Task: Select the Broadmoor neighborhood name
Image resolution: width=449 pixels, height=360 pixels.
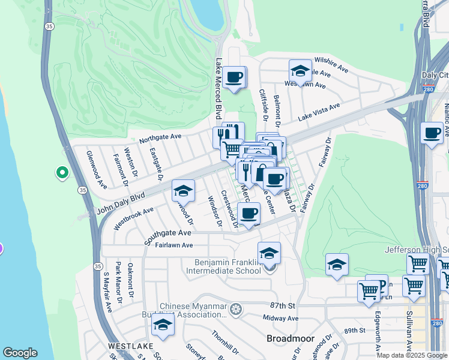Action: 291,338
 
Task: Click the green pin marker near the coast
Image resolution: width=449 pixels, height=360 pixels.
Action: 62,173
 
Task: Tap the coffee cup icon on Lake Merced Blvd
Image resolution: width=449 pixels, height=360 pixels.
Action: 235,77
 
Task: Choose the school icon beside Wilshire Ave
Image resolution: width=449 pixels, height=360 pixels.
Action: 300,71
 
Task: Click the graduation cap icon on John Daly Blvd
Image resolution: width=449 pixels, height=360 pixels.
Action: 183,191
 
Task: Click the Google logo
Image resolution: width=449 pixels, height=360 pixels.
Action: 20,353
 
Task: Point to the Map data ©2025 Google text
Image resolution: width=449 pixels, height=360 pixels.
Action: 412,355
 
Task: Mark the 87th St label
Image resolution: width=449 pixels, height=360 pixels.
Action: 283,305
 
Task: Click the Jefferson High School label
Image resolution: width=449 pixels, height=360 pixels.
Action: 417,250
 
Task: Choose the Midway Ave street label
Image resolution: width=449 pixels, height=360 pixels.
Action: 276,317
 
